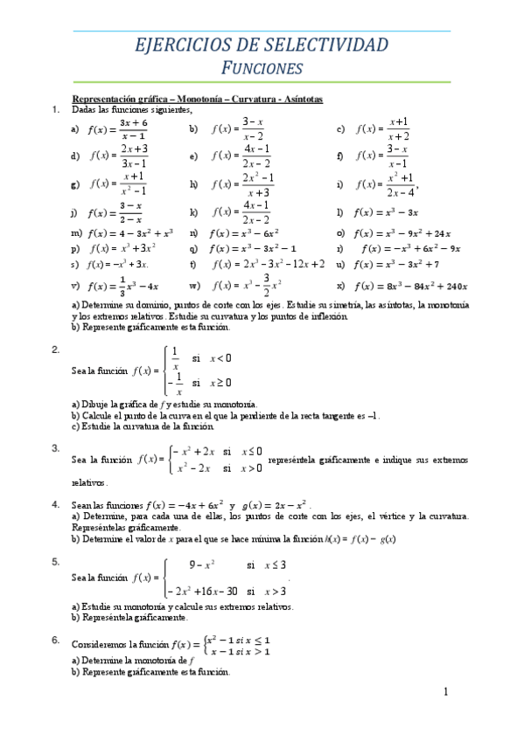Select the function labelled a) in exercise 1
(x=117, y=129)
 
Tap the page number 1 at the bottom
(x=445, y=693)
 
